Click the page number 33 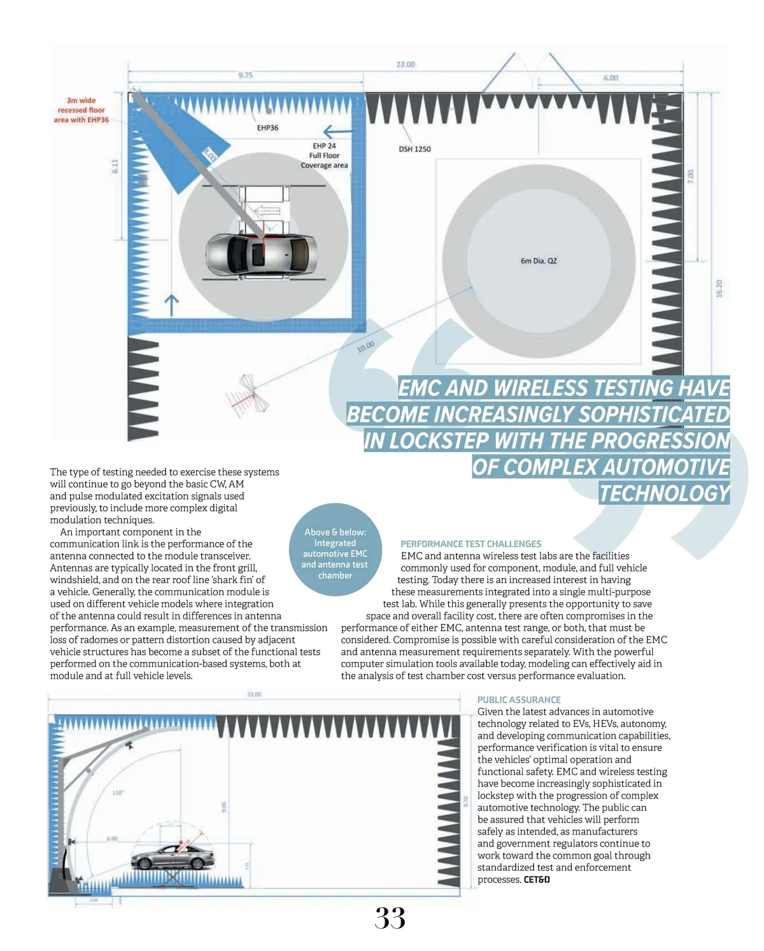coord(390,918)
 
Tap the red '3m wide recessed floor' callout coord(81,110)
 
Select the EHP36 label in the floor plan coord(267,128)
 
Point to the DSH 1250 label coord(414,149)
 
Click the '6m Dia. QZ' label coord(539,261)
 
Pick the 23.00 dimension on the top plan coord(406,64)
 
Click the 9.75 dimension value coord(245,75)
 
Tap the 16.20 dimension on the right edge coord(719,288)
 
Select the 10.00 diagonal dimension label coord(365,347)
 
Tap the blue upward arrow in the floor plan coord(171,304)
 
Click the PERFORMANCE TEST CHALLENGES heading coord(470,544)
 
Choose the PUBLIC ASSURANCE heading coord(519,700)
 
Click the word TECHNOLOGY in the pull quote coord(663,493)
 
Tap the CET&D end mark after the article coord(537,880)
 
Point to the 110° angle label coord(118,792)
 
